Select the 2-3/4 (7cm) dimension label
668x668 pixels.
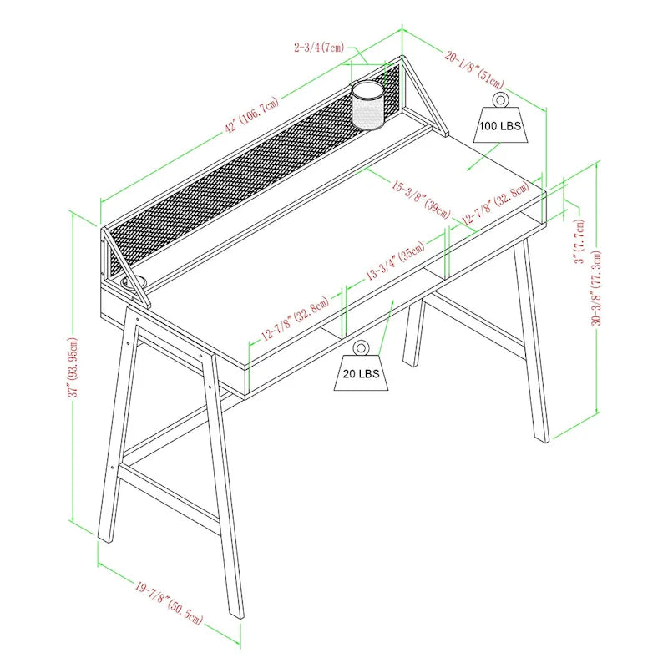click(x=318, y=48)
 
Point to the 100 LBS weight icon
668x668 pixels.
click(x=499, y=124)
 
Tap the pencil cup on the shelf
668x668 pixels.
click(x=367, y=104)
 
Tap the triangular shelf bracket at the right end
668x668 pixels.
click(x=424, y=96)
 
